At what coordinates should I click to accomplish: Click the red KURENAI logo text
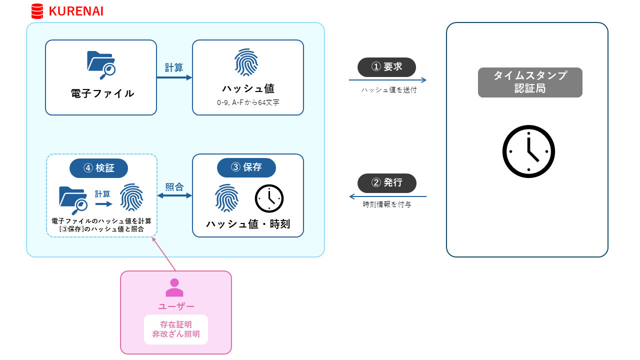click(x=76, y=11)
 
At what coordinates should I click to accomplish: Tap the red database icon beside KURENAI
click(x=37, y=11)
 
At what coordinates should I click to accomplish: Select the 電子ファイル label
click(x=102, y=93)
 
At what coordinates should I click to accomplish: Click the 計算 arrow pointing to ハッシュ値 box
click(x=174, y=77)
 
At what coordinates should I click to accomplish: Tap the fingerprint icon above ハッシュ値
click(x=246, y=62)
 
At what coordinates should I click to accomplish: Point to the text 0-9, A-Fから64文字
click(x=248, y=103)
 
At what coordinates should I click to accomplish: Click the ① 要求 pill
click(x=386, y=67)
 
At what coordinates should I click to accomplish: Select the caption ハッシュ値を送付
click(x=389, y=90)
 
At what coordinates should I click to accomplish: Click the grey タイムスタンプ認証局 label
click(x=530, y=82)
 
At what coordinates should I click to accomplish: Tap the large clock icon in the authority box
click(x=528, y=151)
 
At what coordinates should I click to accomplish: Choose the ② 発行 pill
click(x=387, y=183)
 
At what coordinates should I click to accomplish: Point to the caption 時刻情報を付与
click(x=387, y=204)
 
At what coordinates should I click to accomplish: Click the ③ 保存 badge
click(x=247, y=167)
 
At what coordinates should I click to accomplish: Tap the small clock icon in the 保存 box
click(x=269, y=198)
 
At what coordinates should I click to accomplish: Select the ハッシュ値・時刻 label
click(x=248, y=223)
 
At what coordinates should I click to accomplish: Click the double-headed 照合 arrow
click(x=174, y=195)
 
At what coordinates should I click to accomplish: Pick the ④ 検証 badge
click(x=98, y=168)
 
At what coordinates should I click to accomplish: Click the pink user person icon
click(x=174, y=288)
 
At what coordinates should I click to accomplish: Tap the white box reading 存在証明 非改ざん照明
click(x=176, y=329)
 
